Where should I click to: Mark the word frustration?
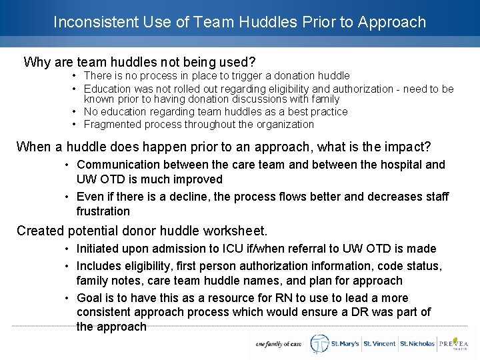tap(103, 211)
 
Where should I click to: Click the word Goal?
tap(89, 298)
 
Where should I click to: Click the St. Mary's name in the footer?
tap(344, 344)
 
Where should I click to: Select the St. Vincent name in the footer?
tap(379, 344)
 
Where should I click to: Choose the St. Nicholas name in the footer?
tap(417, 344)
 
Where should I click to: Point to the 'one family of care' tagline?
tap(279, 345)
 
